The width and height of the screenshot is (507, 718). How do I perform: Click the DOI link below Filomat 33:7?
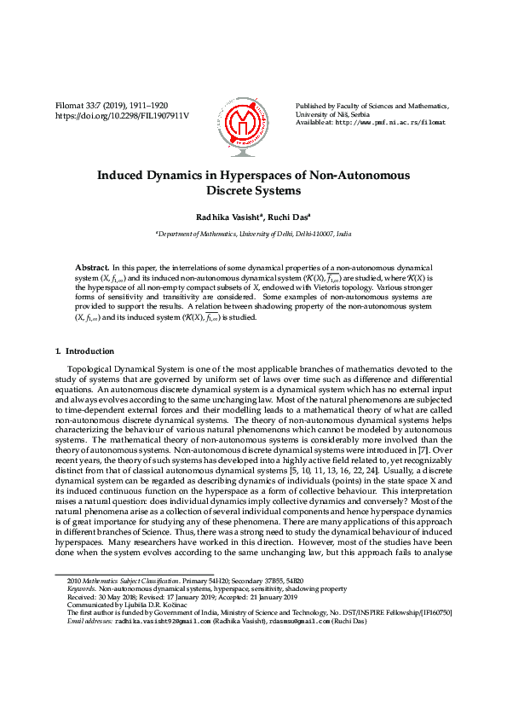pos(122,115)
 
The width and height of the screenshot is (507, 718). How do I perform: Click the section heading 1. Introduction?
pos(84,350)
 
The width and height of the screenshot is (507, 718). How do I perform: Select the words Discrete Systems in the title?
pos(253,190)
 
